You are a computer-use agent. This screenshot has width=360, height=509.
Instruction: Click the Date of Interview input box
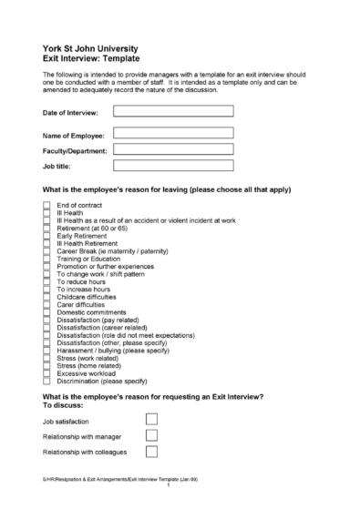(x=173, y=111)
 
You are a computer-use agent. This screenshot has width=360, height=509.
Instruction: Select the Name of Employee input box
(x=173, y=132)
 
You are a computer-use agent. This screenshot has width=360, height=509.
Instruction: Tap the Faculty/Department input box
(x=173, y=149)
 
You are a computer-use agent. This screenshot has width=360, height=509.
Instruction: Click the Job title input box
(x=173, y=167)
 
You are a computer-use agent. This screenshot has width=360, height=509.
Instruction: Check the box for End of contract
(x=47, y=206)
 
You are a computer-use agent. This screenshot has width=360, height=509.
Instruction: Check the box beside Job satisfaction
(x=152, y=419)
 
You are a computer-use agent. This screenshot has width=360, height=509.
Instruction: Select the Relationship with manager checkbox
(x=152, y=436)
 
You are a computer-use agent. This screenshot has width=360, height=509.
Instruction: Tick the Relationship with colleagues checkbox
(x=152, y=452)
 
